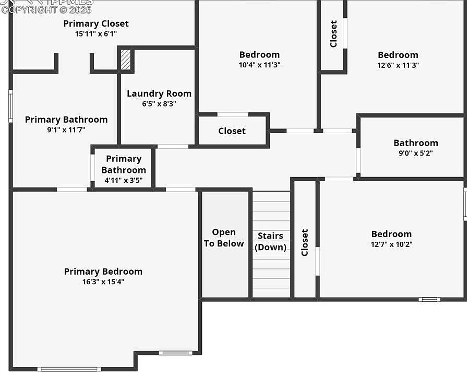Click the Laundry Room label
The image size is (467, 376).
(159, 93)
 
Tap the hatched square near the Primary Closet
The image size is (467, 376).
(125, 60)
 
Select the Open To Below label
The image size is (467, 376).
(224, 238)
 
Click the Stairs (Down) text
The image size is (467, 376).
(270, 242)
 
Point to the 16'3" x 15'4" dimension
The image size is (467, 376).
(103, 282)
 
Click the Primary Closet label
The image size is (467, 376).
(96, 23)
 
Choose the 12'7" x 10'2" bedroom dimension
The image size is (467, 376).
(391, 244)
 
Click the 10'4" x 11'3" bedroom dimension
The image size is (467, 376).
(259, 65)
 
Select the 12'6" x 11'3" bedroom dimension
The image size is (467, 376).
(398, 65)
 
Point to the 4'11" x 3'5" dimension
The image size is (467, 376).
(124, 181)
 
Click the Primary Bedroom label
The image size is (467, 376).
(103, 272)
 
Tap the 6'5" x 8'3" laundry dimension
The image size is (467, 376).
(159, 104)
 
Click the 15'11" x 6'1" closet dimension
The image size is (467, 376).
(96, 34)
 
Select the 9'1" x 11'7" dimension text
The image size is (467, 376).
(66, 130)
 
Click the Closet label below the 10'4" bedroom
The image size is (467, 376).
(232, 131)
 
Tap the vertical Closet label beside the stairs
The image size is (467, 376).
(305, 243)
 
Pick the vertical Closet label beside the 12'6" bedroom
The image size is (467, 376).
(333, 34)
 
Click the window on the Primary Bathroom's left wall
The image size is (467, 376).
(10, 107)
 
